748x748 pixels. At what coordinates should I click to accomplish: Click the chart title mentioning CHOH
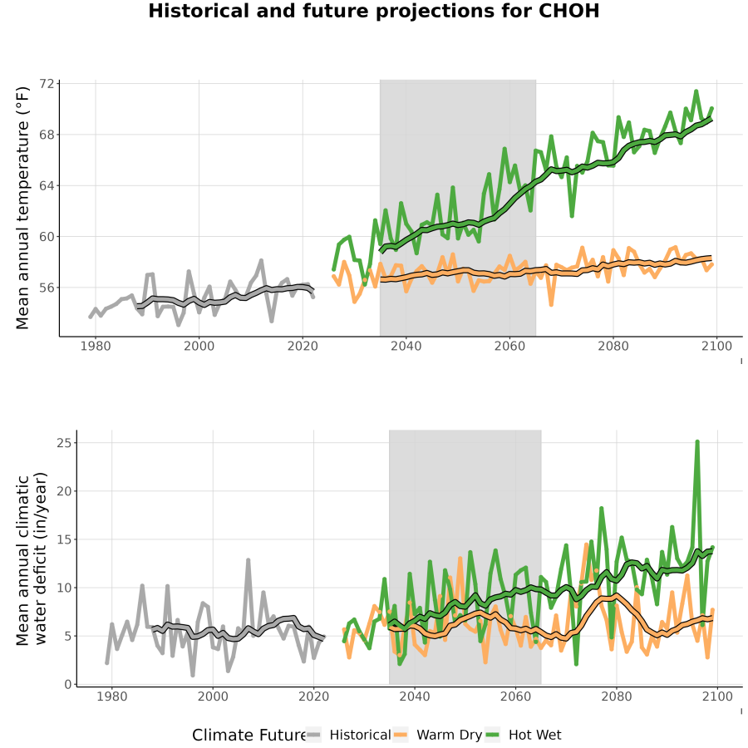(x=373, y=12)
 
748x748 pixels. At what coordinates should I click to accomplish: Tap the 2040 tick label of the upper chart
(x=406, y=346)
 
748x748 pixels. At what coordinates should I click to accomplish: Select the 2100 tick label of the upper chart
(x=716, y=346)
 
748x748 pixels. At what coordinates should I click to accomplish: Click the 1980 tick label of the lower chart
(x=111, y=696)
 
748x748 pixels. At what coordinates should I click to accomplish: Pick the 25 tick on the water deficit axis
(x=64, y=443)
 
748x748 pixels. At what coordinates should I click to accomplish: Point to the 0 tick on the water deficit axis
(x=68, y=685)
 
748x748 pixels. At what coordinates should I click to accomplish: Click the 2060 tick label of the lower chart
(x=515, y=696)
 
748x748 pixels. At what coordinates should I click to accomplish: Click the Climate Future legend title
(x=249, y=736)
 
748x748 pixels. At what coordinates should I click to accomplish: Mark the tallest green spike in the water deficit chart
(x=697, y=442)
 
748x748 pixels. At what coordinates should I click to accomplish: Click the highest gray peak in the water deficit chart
(x=248, y=560)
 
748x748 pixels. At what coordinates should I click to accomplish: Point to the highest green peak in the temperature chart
(x=696, y=91)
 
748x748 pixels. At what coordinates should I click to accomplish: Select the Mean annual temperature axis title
(x=22, y=208)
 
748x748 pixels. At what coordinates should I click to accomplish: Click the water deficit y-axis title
(x=32, y=559)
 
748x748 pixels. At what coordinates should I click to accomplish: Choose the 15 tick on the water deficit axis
(x=64, y=539)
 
